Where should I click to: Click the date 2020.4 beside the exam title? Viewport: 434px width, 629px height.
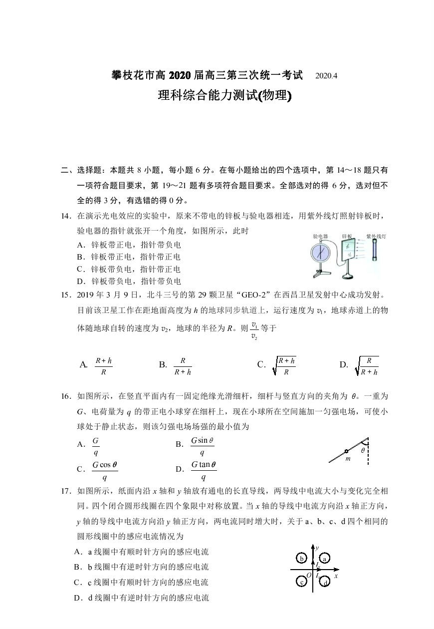click(327, 76)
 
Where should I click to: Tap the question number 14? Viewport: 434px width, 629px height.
click(66, 216)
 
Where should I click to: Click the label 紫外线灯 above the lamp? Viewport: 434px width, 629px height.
click(377, 236)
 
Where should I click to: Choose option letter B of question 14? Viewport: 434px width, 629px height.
click(79, 257)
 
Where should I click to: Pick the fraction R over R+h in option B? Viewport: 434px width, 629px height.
click(183, 366)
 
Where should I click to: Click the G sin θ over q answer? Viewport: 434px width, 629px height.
click(202, 447)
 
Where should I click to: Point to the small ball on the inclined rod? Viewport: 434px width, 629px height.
click(346, 451)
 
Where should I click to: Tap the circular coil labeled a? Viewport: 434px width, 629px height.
click(324, 559)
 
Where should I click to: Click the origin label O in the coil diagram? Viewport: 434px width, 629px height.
click(309, 576)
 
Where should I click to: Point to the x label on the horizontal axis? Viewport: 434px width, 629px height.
click(336, 576)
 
